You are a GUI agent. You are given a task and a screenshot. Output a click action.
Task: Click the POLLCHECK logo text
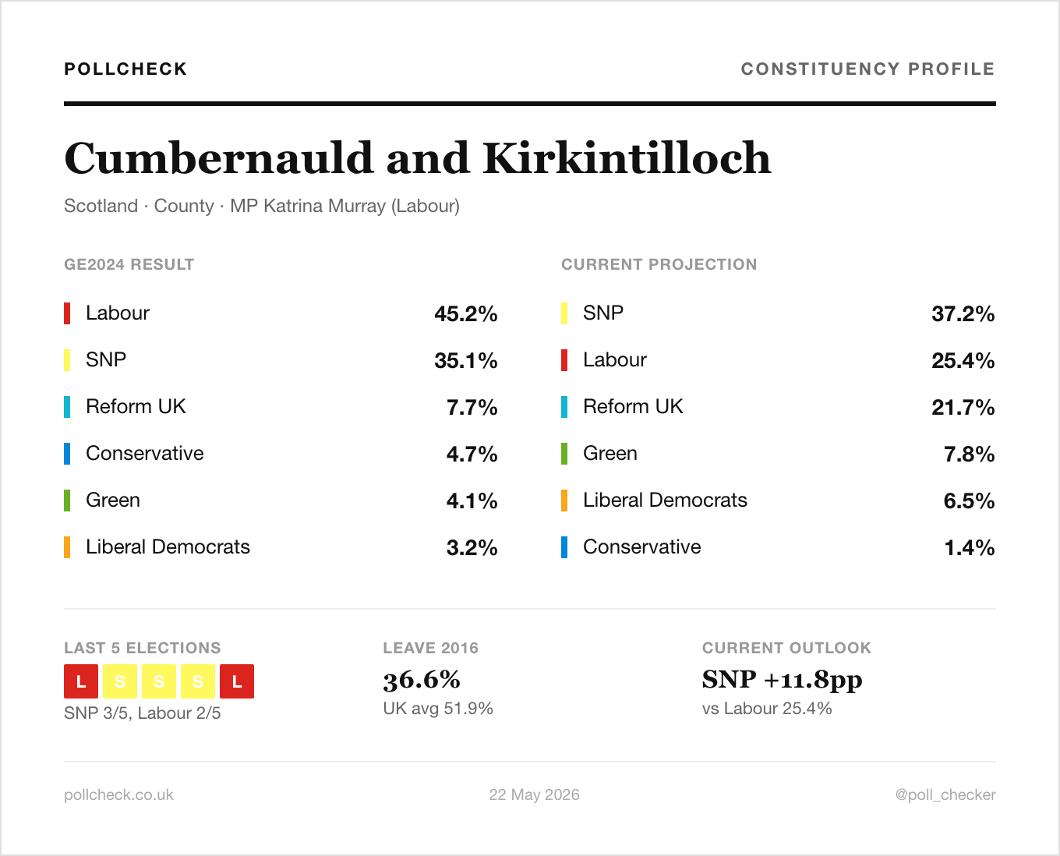125,69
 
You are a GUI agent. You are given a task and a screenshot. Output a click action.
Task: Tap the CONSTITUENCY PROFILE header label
868,69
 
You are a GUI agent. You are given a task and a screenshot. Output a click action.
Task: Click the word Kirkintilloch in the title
627,158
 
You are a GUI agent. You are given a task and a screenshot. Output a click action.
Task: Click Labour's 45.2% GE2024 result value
466,313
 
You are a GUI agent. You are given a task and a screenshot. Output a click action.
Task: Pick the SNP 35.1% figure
466,360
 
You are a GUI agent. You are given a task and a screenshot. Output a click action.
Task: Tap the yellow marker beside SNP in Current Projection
564,313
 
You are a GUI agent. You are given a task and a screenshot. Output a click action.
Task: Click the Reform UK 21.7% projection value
963,407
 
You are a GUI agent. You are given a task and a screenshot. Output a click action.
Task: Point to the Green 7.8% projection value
970,454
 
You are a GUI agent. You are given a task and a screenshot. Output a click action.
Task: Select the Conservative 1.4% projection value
970,547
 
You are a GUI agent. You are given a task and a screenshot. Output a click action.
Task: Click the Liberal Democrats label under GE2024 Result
168,547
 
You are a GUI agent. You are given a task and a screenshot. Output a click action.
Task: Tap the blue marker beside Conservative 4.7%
67,454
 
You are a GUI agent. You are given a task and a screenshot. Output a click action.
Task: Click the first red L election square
81,681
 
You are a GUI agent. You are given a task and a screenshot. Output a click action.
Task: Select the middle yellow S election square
159,681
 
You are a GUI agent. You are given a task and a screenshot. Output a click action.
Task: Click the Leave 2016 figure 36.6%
422,681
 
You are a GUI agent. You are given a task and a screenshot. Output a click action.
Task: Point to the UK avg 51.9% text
438,708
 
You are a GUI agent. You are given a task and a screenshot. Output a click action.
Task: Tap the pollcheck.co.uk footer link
118,794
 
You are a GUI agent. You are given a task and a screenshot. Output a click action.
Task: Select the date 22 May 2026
534,794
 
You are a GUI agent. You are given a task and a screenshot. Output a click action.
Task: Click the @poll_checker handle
945,794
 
